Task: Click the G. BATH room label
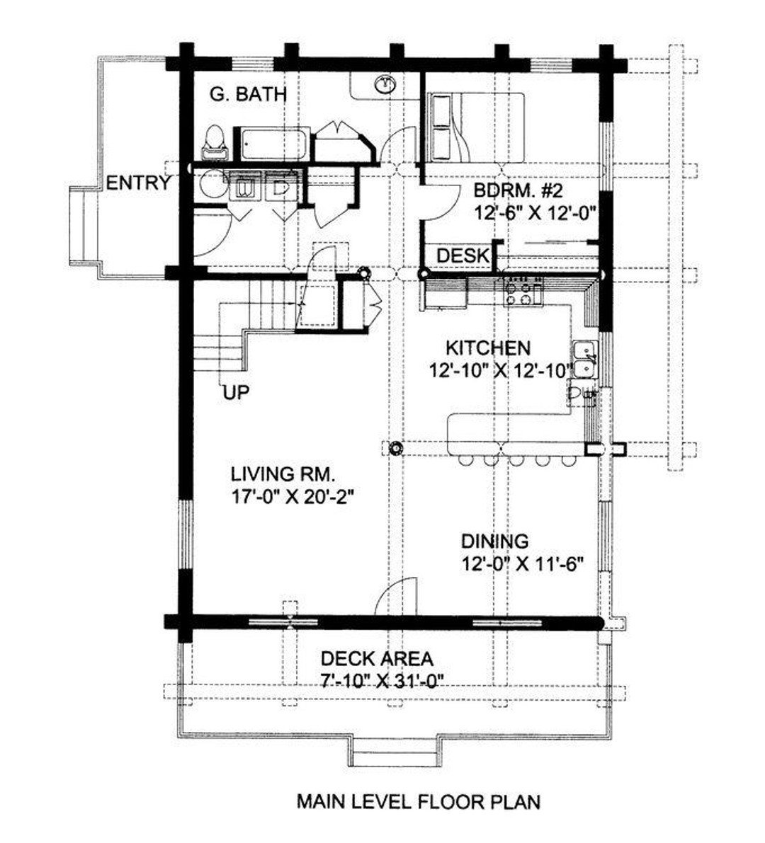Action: click(248, 93)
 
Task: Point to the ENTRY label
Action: click(138, 184)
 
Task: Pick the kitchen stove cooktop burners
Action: click(523, 292)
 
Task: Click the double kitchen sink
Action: click(585, 359)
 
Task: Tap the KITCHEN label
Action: click(487, 348)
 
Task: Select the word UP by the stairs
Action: click(236, 392)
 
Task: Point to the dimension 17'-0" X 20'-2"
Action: click(291, 497)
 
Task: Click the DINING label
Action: click(494, 541)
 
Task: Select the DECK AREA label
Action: click(376, 659)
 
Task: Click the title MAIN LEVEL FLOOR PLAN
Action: click(418, 802)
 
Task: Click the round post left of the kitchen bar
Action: click(395, 447)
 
